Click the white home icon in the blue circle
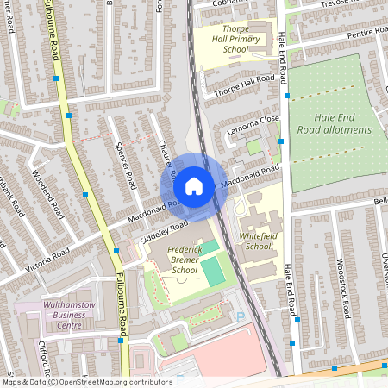[194, 185]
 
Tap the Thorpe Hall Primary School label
[223, 39]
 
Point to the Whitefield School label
[259, 241]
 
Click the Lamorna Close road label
[253, 127]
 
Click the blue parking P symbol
[239, 316]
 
